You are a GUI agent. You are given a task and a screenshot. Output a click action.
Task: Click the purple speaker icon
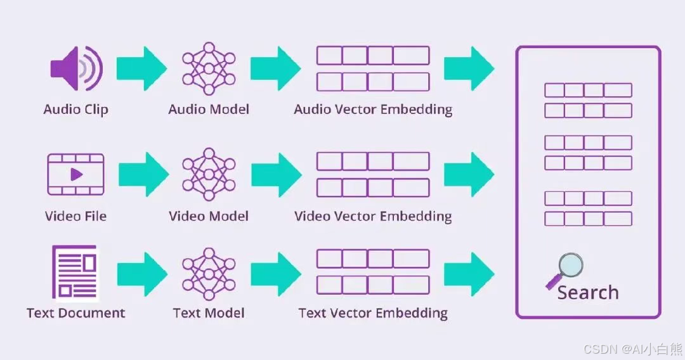(75, 68)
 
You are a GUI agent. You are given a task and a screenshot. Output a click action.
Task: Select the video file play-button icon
(75, 174)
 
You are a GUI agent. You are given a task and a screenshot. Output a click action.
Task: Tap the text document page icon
(74, 273)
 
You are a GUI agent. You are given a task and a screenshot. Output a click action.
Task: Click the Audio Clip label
(75, 109)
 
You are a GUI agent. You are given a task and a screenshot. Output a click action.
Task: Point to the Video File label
(75, 216)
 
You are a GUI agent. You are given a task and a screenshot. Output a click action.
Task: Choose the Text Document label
(75, 312)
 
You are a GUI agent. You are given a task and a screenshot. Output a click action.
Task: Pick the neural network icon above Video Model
(209, 172)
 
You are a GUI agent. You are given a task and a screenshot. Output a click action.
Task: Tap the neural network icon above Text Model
(209, 273)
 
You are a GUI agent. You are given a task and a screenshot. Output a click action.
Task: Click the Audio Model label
(209, 109)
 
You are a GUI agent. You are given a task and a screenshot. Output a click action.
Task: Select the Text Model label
(209, 312)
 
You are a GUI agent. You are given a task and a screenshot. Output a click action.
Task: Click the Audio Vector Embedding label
(373, 109)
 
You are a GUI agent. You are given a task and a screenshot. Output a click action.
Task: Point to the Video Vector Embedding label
(373, 216)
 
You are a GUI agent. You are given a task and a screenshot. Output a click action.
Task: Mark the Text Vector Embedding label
(373, 312)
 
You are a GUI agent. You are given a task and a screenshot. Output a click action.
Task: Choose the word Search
(588, 292)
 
